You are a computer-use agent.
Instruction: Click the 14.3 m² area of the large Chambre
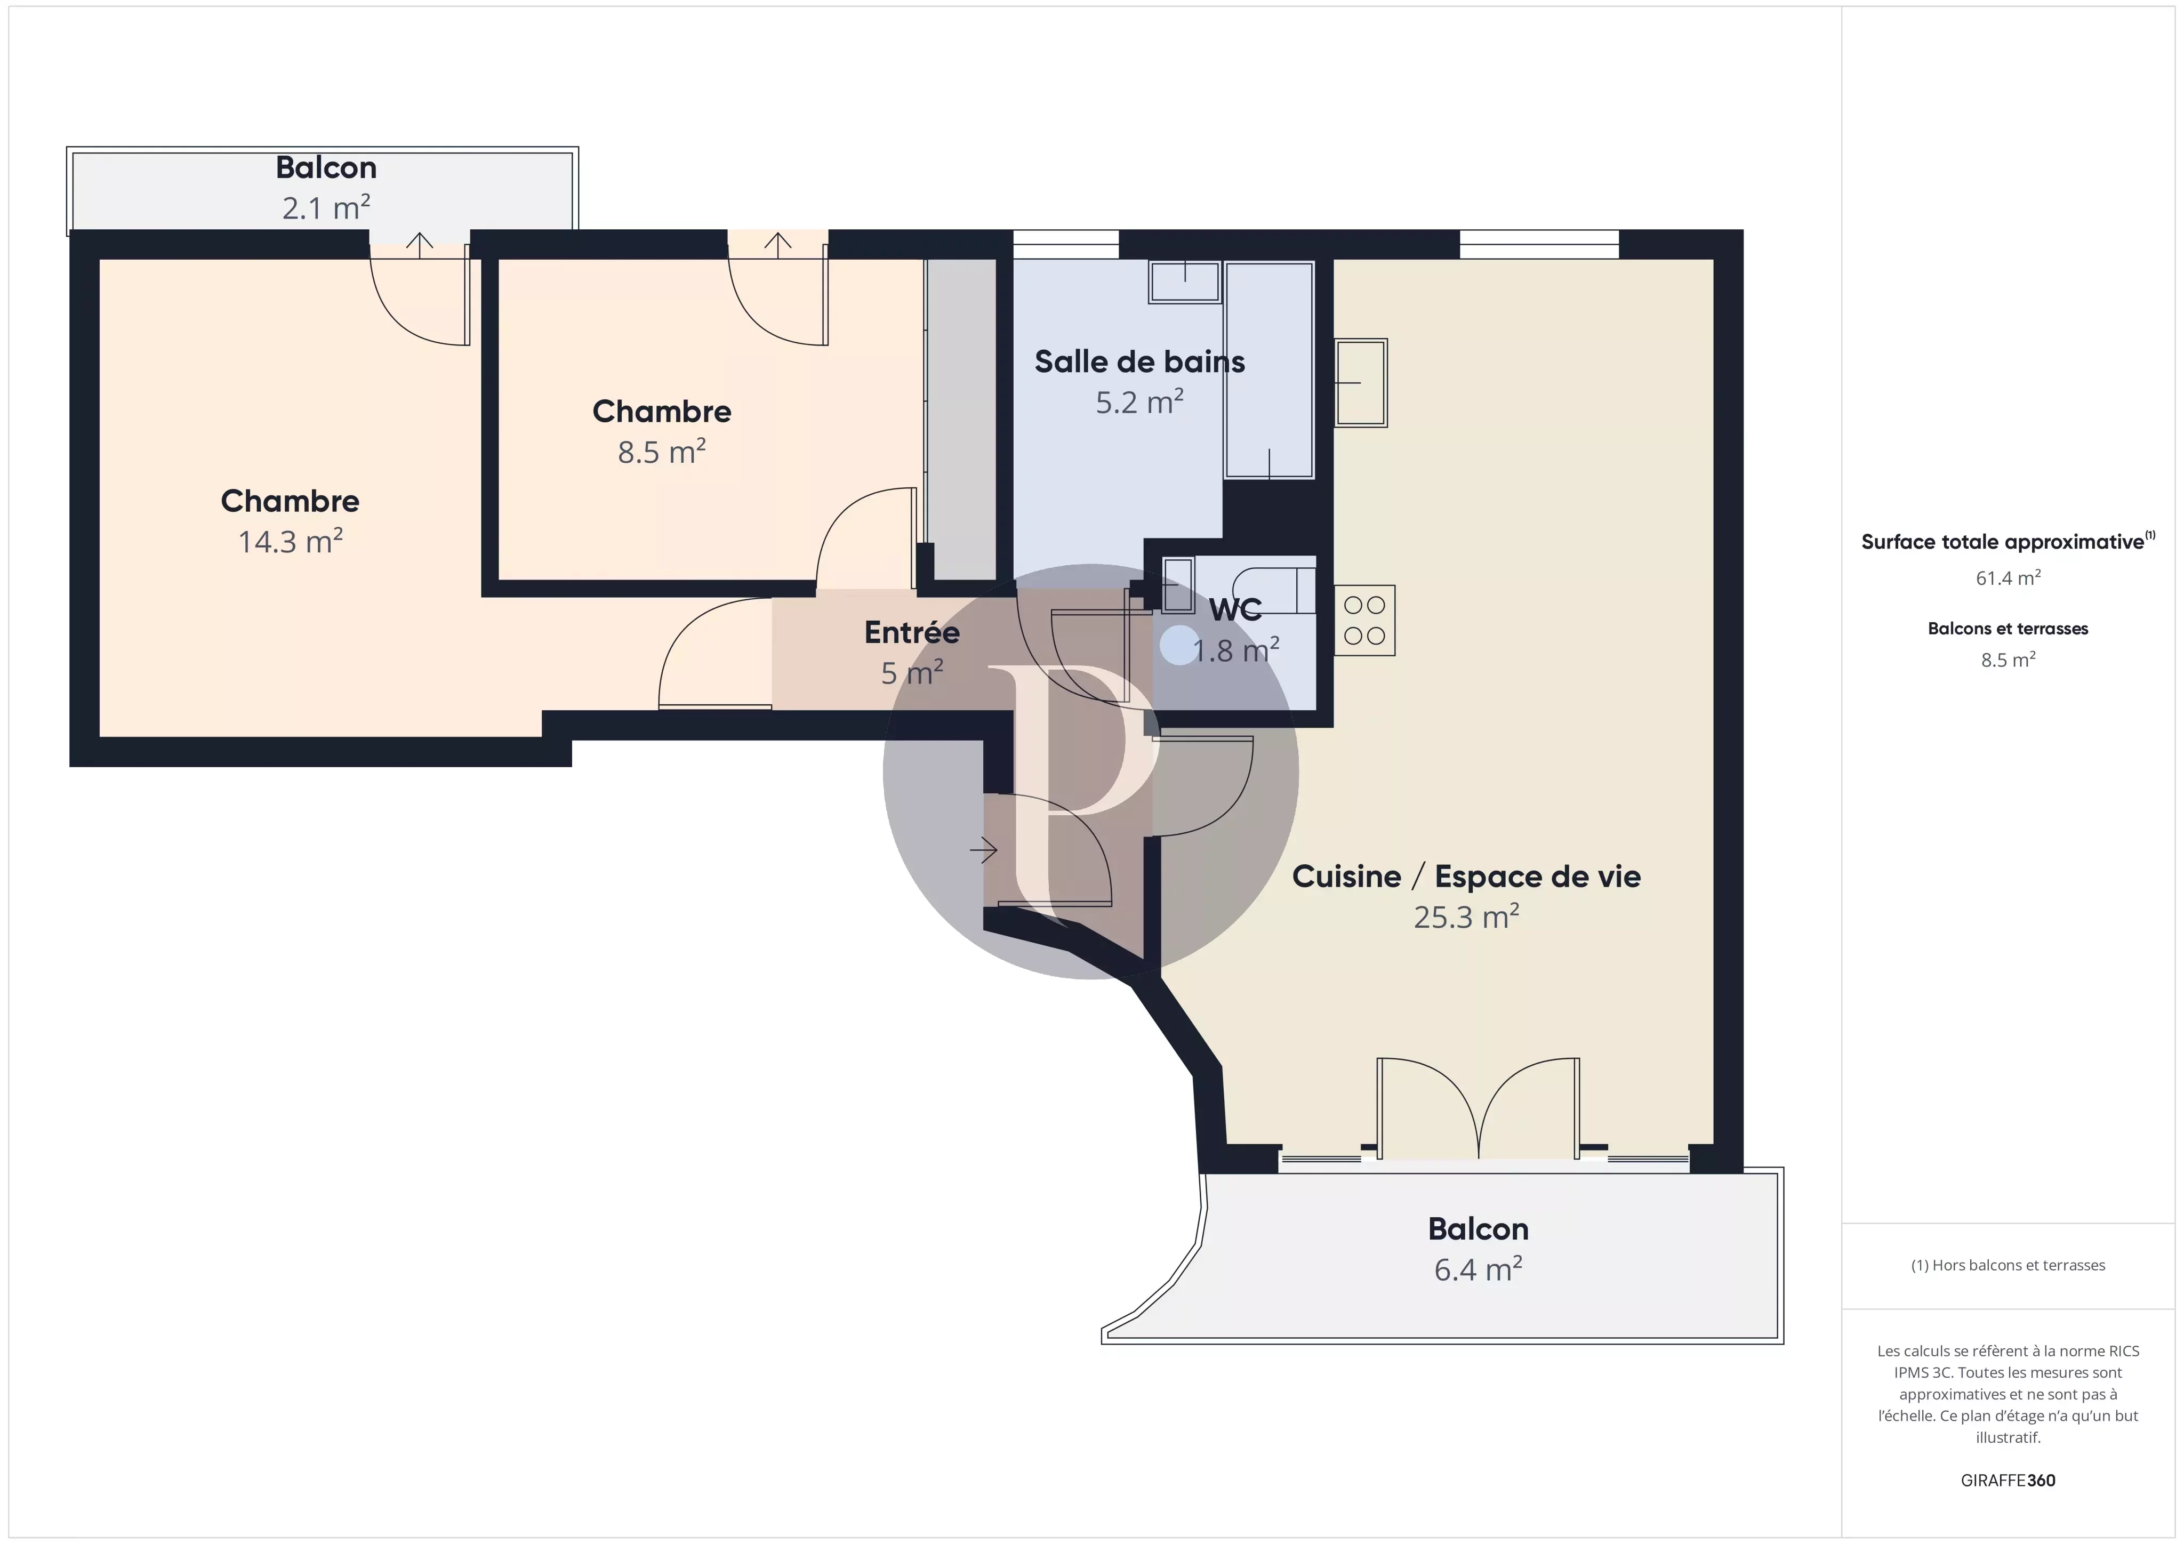coord(290,541)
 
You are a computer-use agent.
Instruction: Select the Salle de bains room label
coord(1139,361)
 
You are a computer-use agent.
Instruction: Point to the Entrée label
coord(911,632)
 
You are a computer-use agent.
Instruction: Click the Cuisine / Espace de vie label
coord(1466,876)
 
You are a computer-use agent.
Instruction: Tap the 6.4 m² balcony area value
coord(1478,1269)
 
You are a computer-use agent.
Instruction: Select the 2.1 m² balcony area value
coord(325,207)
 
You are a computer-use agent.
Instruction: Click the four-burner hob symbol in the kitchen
coord(1364,620)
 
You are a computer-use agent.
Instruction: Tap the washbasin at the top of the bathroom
coord(1184,282)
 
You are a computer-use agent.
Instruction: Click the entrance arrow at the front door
coord(984,849)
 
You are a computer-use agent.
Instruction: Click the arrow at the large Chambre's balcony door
coord(420,242)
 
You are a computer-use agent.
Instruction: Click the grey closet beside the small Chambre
coord(961,419)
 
